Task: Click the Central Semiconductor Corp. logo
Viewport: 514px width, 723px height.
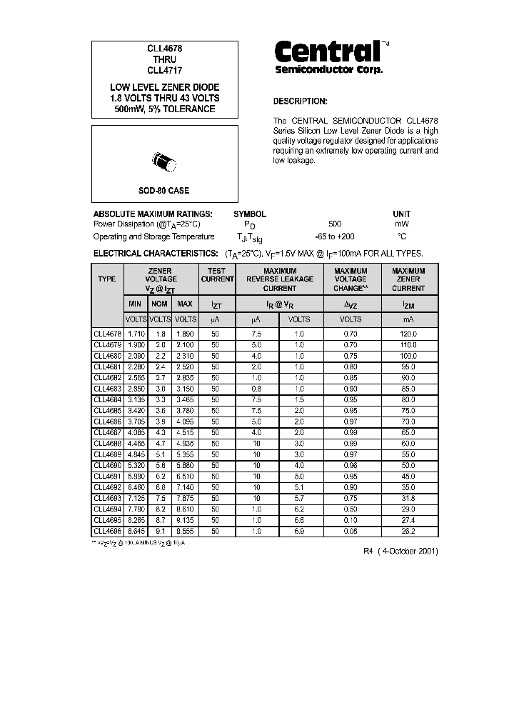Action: click(x=329, y=56)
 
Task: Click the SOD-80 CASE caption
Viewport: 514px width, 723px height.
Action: click(x=164, y=191)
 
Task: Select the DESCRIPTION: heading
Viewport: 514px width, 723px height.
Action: click(x=301, y=101)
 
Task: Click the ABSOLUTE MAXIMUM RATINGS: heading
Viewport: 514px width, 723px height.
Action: click(x=153, y=214)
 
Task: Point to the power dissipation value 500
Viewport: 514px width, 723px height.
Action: click(x=335, y=224)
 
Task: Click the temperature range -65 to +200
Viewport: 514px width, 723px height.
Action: click(x=334, y=236)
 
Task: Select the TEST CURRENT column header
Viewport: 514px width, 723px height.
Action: click(x=217, y=275)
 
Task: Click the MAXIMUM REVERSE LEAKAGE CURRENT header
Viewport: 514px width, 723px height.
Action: click(x=279, y=279)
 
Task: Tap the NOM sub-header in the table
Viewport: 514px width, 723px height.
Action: click(x=160, y=304)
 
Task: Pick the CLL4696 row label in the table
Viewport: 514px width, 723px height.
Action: click(x=107, y=532)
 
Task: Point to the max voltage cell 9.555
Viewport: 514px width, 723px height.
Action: click(x=185, y=532)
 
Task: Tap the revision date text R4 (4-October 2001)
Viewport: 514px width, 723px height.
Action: click(x=400, y=552)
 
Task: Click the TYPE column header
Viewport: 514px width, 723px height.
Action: click(x=107, y=279)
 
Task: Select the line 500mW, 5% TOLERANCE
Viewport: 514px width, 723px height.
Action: click(x=164, y=109)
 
